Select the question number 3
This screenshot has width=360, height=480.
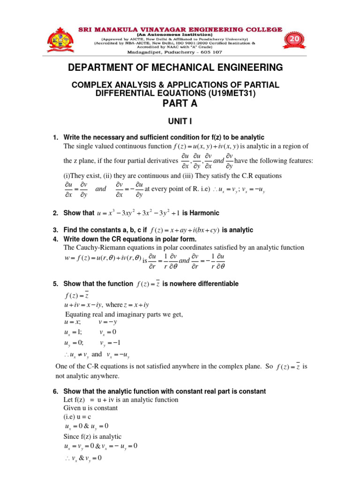click(55, 230)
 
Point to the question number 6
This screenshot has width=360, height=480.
click(55, 391)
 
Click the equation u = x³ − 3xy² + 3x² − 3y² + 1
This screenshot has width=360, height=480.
click(138, 213)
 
